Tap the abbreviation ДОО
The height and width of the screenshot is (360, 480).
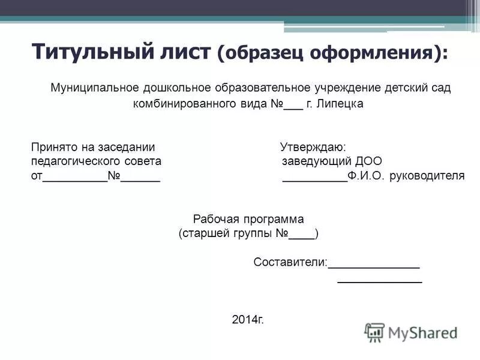[368, 161]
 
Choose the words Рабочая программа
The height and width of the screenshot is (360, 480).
[248, 220]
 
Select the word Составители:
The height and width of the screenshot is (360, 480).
[290, 262]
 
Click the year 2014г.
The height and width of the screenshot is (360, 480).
[248, 319]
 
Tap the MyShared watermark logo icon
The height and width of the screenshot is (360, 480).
[374, 332]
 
